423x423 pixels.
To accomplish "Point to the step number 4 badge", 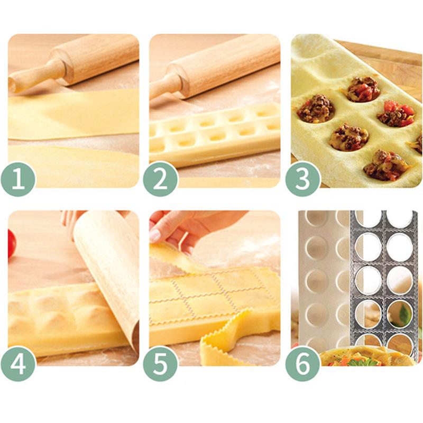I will (20, 363).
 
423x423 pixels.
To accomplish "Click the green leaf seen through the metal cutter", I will (404, 316).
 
